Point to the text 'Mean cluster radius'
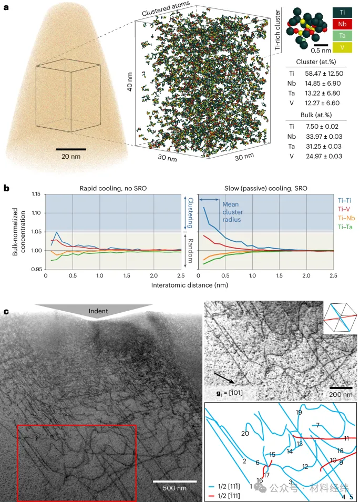tap(232, 212)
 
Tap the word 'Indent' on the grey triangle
tap(98, 311)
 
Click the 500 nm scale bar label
tap(175, 488)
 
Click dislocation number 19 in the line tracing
tap(299, 413)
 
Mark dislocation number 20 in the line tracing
tap(245, 434)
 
